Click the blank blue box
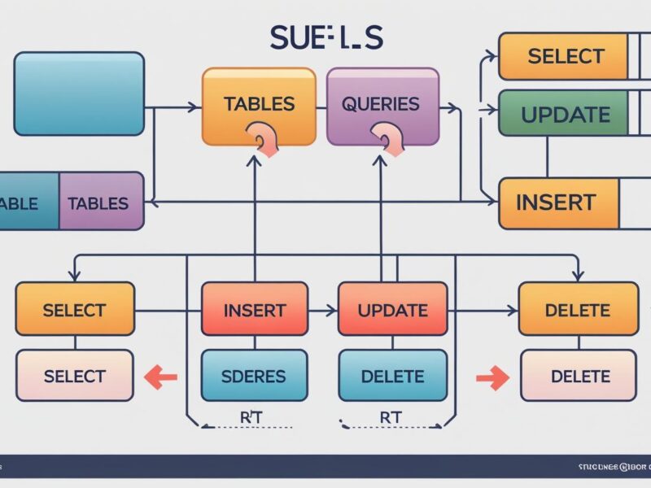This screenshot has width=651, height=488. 79,93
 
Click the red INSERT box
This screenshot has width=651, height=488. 255,310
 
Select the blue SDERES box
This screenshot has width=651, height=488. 254,376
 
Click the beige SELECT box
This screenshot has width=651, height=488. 74,376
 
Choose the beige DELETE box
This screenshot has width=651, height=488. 579,376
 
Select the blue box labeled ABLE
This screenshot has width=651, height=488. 29,202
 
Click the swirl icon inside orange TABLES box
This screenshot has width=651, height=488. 263,139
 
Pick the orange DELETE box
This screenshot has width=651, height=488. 576,310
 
